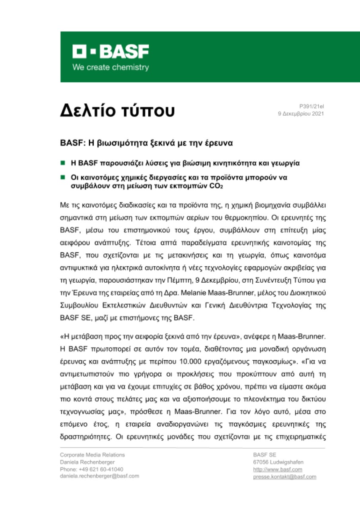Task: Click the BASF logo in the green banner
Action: click(x=110, y=52)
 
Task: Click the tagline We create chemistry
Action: click(x=110, y=67)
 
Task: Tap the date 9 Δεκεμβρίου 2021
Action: click(x=301, y=114)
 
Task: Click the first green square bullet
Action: click(x=63, y=163)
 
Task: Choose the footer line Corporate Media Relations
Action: click(x=92, y=455)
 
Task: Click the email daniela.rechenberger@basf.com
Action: click(x=99, y=476)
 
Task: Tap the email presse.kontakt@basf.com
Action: click(x=284, y=476)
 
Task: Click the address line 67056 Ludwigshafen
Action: click(x=278, y=462)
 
